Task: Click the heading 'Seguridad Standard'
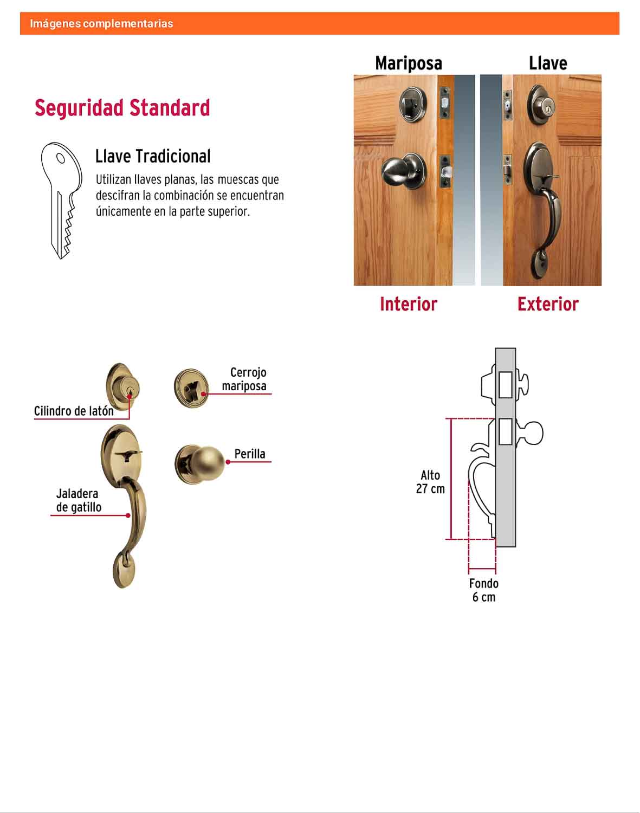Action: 122,108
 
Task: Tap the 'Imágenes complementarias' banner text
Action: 101,23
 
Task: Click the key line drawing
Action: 61,200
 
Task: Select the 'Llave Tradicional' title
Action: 153,156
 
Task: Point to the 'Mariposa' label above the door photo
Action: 409,63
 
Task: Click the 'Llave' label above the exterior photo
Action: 548,63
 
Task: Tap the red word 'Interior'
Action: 409,304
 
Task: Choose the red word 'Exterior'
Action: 548,304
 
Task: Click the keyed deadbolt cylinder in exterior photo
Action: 542,105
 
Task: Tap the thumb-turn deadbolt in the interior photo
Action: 413,104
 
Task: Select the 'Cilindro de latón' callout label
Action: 74,411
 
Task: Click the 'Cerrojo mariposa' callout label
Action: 244,379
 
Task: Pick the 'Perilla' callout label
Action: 250,454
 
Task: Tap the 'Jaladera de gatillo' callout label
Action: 79,500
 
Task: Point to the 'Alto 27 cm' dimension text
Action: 430,482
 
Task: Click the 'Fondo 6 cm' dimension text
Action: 483,590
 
